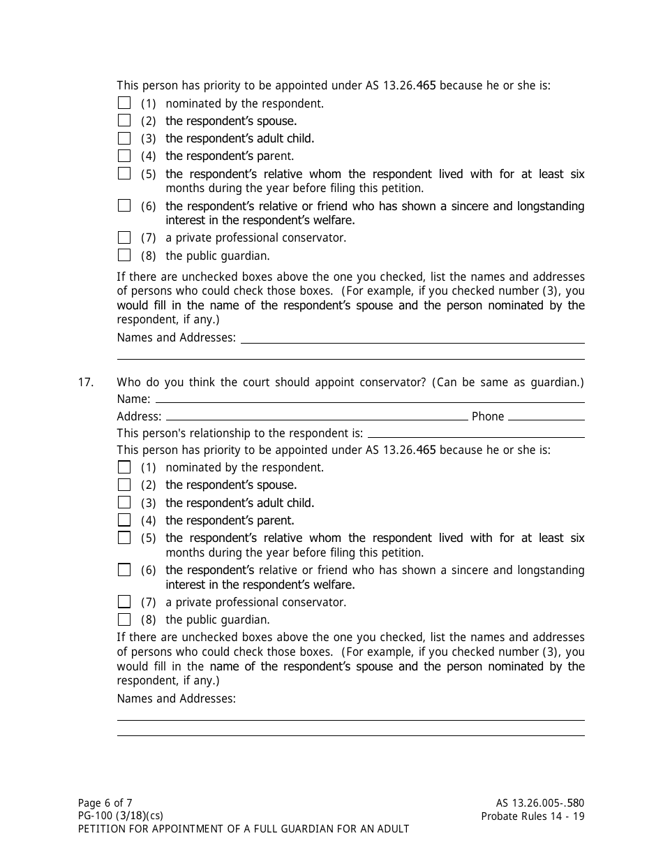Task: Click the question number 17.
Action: click(86, 383)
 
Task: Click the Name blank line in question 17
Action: click(370, 401)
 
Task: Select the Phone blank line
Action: click(546, 418)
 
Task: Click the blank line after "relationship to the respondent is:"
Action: click(476, 435)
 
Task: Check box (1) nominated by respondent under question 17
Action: click(124, 467)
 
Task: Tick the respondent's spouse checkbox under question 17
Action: click(124, 485)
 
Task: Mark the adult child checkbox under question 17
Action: click(124, 502)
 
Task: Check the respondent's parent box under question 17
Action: click(124, 520)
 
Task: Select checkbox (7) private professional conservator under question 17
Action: click(124, 601)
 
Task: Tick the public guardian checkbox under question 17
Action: click(124, 619)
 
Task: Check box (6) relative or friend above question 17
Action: click(124, 205)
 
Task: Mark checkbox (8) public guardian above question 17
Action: click(124, 255)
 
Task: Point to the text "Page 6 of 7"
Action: click(105, 803)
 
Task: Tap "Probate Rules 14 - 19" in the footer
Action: click(532, 816)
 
